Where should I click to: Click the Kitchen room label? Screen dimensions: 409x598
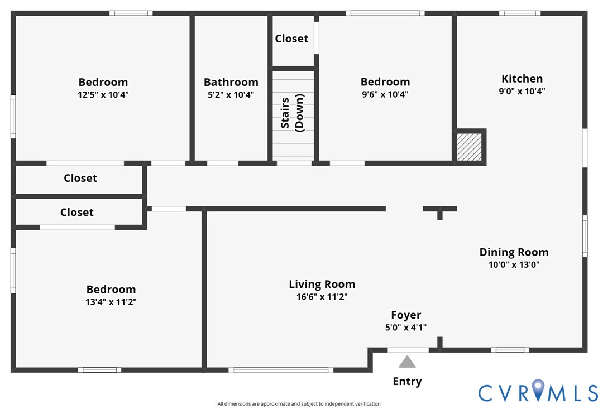click(522, 79)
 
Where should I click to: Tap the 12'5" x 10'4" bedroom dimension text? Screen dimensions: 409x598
click(103, 95)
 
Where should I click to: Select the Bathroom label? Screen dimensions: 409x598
click(231, 83)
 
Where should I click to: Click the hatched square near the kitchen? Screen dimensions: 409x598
click(469, 147)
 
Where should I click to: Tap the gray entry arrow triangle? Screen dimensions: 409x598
click(407, 362)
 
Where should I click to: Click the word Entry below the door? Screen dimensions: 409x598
click(407, 382)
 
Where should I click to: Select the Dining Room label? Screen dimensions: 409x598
click(514, 252)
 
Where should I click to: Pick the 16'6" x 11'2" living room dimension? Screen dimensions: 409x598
click(322, 297)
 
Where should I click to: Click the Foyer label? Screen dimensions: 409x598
click(406, 315)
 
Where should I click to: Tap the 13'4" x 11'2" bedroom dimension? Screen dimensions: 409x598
click(111, 302)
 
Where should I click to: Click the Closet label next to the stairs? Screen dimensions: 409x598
click(291, 39)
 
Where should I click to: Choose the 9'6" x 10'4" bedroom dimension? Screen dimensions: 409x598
click(385, 95)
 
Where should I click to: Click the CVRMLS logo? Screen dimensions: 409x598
click(538, 391)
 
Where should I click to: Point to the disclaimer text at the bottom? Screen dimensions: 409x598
click(299, 404)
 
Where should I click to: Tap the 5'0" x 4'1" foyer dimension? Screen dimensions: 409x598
click(406, 328)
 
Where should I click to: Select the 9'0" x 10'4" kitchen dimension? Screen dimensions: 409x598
click(522, 92)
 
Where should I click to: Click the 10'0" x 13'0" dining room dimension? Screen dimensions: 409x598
click(514, 265)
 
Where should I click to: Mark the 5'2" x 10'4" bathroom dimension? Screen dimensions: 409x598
click(231, 95)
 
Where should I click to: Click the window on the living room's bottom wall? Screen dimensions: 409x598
click(281, 369)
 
